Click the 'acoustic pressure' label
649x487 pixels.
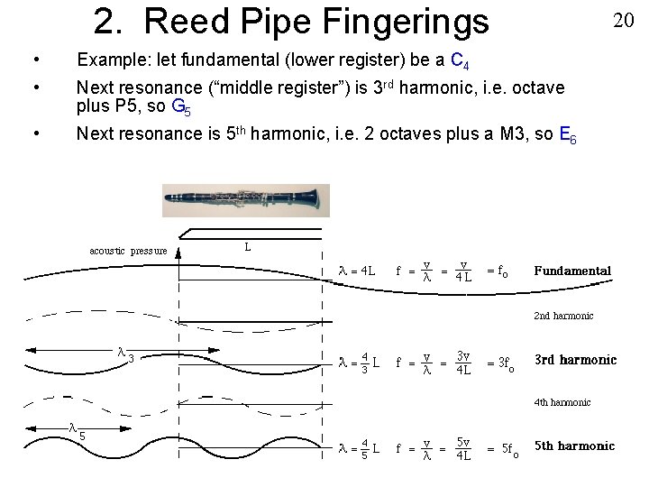tap(127, 251)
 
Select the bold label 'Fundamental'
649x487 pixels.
tap(572, 271)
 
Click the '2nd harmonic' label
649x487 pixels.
tap(563, 316)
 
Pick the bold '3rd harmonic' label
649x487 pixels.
tap(575, 360)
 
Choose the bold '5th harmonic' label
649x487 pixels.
tap(574, 446)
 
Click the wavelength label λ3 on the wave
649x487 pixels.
tap(126, 354)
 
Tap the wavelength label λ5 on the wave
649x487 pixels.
tap(77, 432)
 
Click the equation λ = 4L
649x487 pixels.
tap(357, 271)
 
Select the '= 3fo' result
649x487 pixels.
tap(500, 365)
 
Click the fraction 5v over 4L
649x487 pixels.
tap(462, 448)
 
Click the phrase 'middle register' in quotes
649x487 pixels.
tap(271, 88)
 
